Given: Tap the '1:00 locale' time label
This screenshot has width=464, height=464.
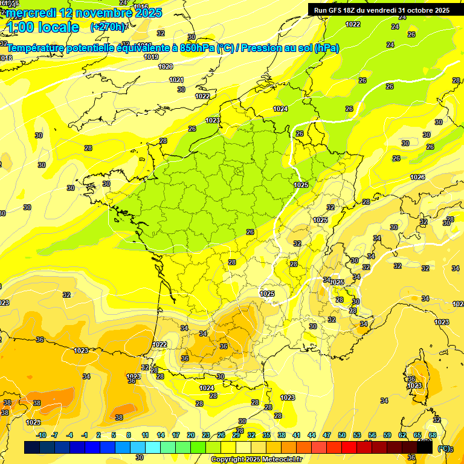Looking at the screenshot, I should click(x=42, y=27).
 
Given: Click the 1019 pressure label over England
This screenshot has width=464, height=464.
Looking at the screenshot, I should click(x=152, y=57).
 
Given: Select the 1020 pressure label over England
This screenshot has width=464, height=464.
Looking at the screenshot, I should click(x=166, y=67).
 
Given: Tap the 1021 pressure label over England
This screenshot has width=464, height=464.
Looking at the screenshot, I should click(x=176, y=80).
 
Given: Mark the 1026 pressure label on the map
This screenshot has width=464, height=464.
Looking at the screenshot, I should click(x=417, y=177).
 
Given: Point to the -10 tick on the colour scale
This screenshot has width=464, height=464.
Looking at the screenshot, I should click(x=41, y=435).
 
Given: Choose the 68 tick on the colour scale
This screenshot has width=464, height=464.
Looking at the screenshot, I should click(x=433, y=435).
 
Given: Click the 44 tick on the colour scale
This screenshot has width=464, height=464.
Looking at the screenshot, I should click(x=312, y=435).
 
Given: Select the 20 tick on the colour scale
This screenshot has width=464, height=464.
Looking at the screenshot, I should click(x=191, y=435).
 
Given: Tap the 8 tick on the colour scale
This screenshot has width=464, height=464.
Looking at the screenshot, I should click(x=129, y=435).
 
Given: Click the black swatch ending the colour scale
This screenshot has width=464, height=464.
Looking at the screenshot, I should click(x=425, y=448).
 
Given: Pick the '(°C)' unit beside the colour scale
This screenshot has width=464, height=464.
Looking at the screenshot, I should click(x=444, y=448).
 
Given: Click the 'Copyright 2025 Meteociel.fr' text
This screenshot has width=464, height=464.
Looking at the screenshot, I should click(x=256, y=459).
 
